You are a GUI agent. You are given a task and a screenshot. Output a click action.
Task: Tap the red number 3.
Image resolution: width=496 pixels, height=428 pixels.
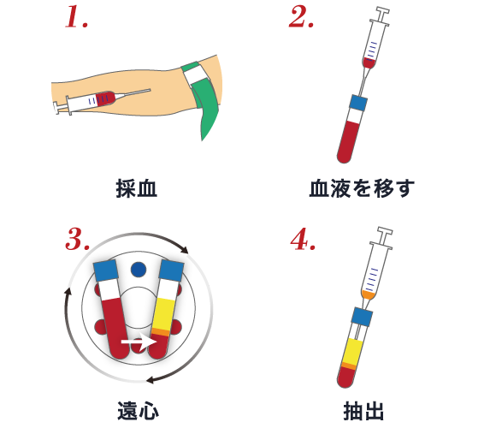click(x=77, y=239)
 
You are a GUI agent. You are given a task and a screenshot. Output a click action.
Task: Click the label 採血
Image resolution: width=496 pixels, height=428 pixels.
click(x=137, y=188)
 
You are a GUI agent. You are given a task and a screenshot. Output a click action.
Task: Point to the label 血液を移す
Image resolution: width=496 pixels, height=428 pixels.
click(x=361, y=188)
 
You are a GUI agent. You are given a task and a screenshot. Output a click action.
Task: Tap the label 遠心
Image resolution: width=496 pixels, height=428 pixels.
click(x=137, y=410)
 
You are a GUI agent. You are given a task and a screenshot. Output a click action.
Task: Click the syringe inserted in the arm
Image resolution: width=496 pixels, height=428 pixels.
click(x=94, y=101)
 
